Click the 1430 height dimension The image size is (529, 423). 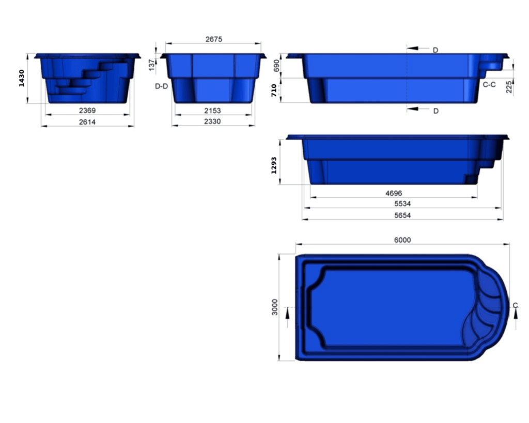pyautogui.click(x=22, y=77)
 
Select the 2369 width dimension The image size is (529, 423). pyautogui.click(x=87, y=111)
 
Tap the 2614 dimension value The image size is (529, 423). pyautogui.click(x=87, y=122)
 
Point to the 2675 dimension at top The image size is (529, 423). pyautogui.click(x=213, y=39)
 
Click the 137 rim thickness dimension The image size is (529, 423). pyautogui.click(x=151, y=65)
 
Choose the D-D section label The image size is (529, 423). pyautogui.click(x=162, y=86)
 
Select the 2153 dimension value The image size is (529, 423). pyautogui.click(x=212, y=111)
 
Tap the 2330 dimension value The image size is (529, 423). pyautogui.click(x=212, y=121)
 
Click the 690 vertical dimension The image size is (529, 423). pyautogui.click(x=276, y=66)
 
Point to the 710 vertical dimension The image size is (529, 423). pyautogui.click(x=274, y=91)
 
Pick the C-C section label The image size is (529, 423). pyautogui.click(x=489, y=84)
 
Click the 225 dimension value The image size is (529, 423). pyautogui.click(x=509, y=87)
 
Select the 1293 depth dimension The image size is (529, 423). pyautogui.click(x=274, y=165)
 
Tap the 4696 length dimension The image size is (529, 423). pyautogui.click(x=394, y=193)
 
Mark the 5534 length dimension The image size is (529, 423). pyautogui.click(x=402, y=204)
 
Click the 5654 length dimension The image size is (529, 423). pyautogui.click(x=402, y=215)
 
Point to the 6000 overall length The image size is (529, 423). pyautogui.click(x=402, y=240)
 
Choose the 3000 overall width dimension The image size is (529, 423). pyautogui.click(x=275, y=307)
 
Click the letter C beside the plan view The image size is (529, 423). pyautogui.click(x=515, y=306)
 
